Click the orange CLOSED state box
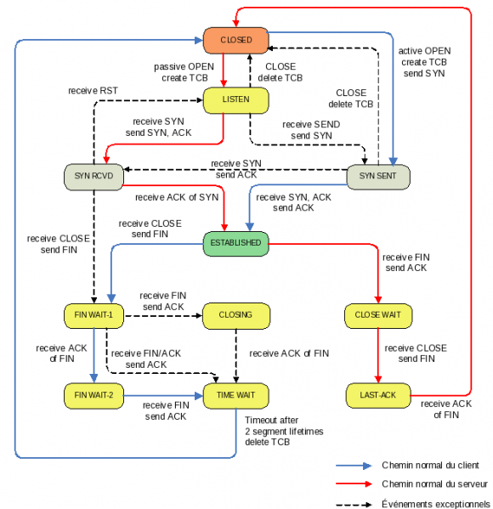point(235,38)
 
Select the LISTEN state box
point(235,100)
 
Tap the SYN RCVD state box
point(93,177)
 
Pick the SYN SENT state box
point(378,177)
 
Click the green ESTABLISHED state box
point(235,243)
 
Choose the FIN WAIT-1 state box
point(93,315)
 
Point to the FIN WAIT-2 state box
point(93,394)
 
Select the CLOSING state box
point(235,315)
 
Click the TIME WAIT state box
point(235,394)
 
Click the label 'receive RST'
point(93,90)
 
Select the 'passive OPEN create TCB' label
point(182,71)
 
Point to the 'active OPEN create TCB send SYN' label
point(425,62)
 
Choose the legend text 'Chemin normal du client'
point(429,465)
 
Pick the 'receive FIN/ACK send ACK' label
point(146,358)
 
